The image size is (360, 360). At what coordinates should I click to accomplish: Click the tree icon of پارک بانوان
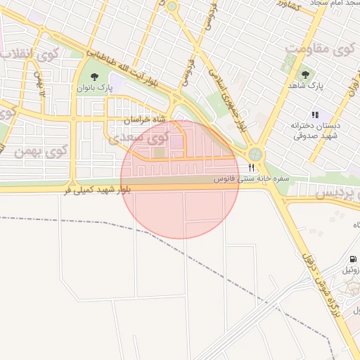[95, 76]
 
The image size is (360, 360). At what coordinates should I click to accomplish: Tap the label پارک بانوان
[95, 89]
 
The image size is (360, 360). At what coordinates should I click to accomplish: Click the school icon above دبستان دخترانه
[316, 114]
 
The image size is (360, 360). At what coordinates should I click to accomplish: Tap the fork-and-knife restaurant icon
[251, 167]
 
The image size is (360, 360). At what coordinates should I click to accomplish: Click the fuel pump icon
[353, 258]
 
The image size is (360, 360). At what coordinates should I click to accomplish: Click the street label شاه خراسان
[146, 120]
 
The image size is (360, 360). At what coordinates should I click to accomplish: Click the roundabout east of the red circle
[255, 153]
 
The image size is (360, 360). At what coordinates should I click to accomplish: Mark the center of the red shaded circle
[180, 180]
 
